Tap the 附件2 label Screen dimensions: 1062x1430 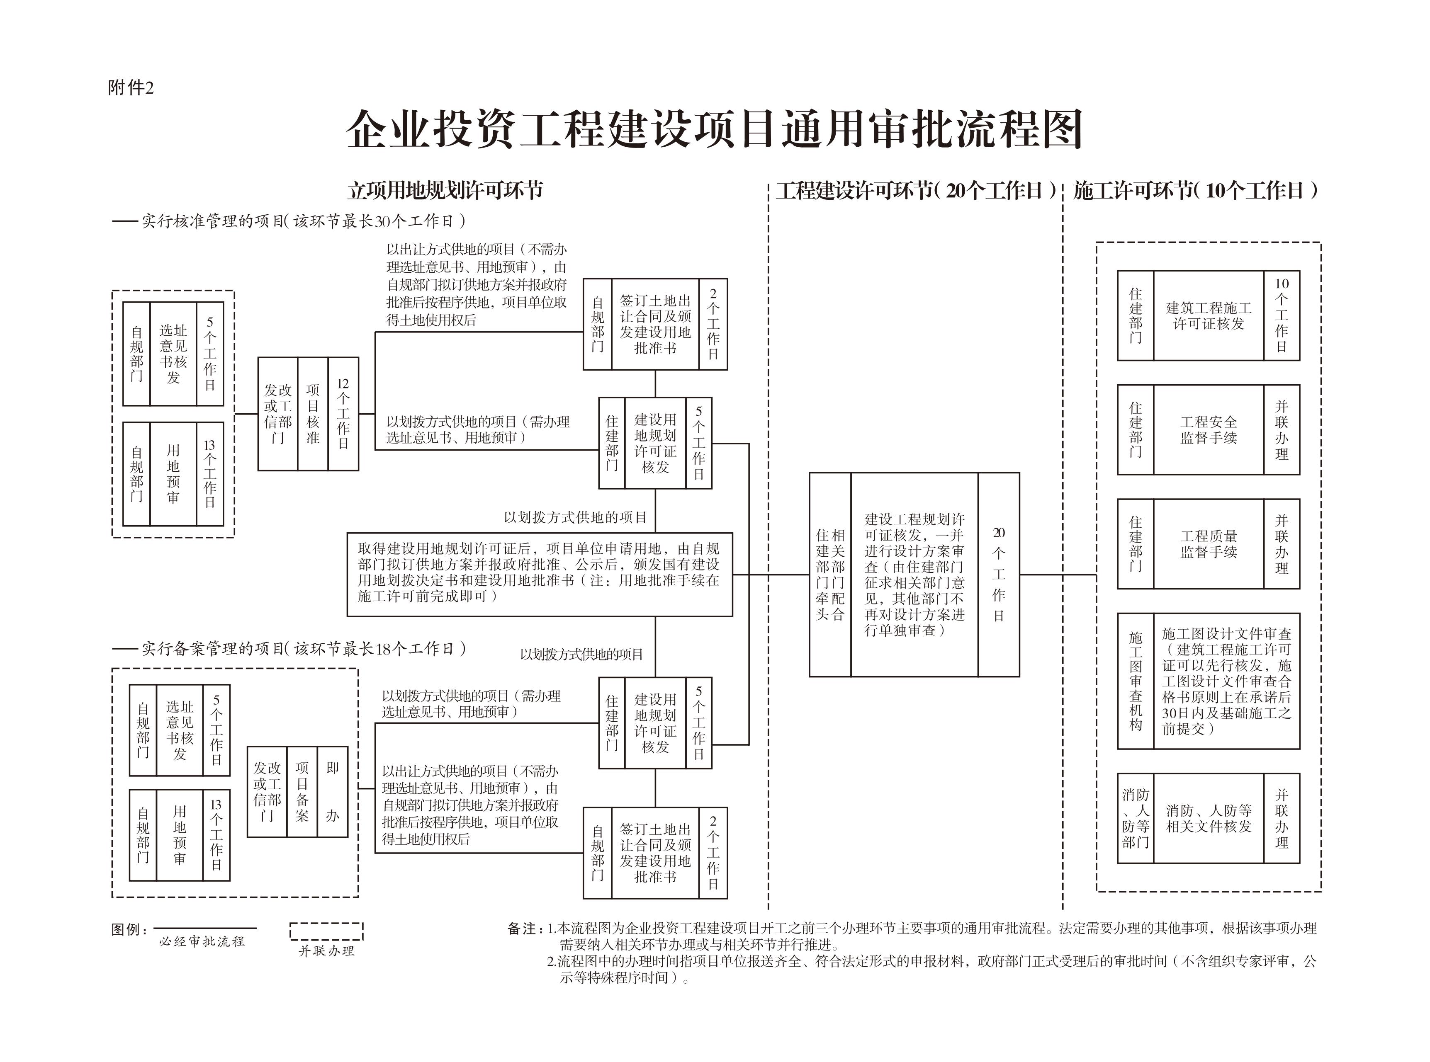pyautogui.click(x=131, y=87)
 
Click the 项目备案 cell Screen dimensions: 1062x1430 pyautogui.click(x=302, y=791)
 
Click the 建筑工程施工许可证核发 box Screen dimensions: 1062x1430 pyautogui.click(x=1208, y=315)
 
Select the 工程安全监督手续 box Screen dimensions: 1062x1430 pyautogui.click(x=1208, y=429)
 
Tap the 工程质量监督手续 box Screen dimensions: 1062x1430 pyautogui.click(x=1208, y=544)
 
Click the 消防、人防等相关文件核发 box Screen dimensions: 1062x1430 pyautogui.click(x=1208, y=818)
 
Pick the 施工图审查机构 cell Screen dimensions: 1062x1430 pyautogui.click(x=1136, y=681)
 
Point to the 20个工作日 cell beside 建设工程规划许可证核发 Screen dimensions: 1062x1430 pyautogui.click(x=998, y=574)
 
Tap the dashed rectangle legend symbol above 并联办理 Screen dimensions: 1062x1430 pyautogui.click(x=326, y=931)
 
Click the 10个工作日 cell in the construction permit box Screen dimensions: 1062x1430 pyautogui.click(x=1282, y=315)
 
